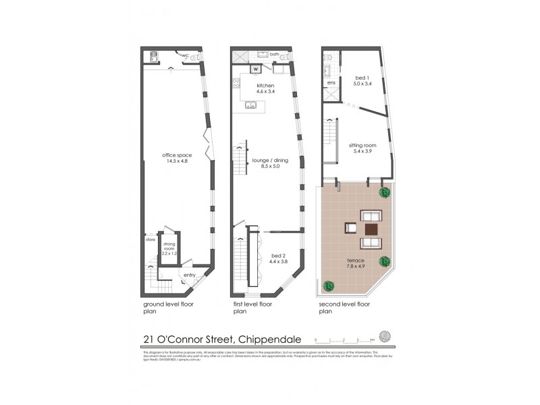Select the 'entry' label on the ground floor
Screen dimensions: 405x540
pyautogui.click(x=189, y=275)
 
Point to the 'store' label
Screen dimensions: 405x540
pyautogui.click(x=150, y=239)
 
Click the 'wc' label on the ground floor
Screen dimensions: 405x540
pyautogui.click(x=184, y=55)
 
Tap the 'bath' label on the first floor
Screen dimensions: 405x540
pyautogui.click(x=274, y=54)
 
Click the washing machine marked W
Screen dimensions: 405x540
pyautogui.click(x=256, y=69)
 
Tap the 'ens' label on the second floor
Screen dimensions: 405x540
pyautogui.click(x=331, y=83)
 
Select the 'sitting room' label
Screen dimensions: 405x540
pyautogui.click(x=362, y=149)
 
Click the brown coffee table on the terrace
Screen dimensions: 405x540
pyautogui.click(x=371, y=229)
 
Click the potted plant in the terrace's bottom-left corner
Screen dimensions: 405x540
pyautogui.click(x=328, y=285)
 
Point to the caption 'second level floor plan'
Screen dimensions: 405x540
pyautogui.click(x=345, y=308)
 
